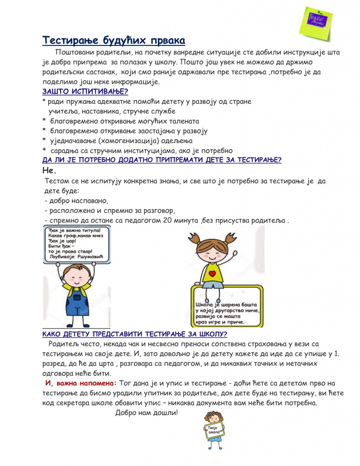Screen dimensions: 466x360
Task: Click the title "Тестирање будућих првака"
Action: pyautogui.click(x=114, y=41)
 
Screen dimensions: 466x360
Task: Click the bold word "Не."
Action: pyautogui.click(x=49, y=171)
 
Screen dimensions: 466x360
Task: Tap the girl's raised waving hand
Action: pyautogui.click(x=235, y=253)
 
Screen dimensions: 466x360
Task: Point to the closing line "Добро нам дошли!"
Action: pyautogui.click(x=147, y=413)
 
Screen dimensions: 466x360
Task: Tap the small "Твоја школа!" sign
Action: pyautogui.click(x=213, y=430)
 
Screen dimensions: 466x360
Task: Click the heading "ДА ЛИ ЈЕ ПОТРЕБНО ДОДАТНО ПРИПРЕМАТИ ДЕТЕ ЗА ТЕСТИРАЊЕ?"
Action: pyautogui.click(x=162, y=160)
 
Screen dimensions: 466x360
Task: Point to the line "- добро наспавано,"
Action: pyautogui.click(x=76, y=201)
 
